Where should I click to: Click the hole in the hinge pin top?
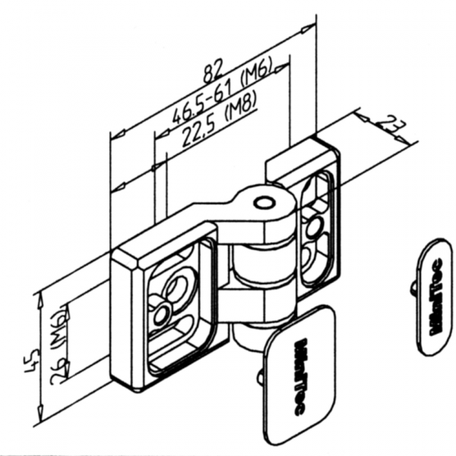(x=264, y=203)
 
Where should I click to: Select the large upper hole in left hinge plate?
(x=178, y=287)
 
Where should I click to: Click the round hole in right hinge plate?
(x=312, y=227)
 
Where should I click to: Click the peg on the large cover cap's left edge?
(x=261, y=375)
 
